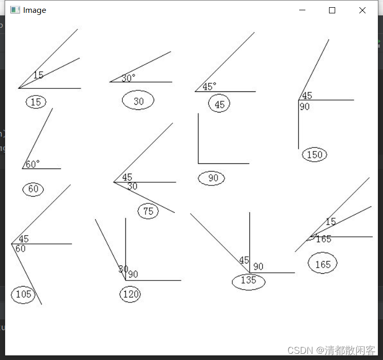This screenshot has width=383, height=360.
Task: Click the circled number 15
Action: pos(35,102)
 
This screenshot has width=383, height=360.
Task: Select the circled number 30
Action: pos(138,101)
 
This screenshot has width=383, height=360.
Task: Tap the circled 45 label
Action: pos(220,104)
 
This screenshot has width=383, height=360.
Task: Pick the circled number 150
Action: pos(315,155)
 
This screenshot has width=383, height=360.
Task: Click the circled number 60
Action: pos(33,189)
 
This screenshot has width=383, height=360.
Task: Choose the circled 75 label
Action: pos(148,211)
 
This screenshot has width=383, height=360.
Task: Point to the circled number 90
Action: pos(212,178)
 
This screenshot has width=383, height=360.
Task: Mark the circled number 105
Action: pos(23,294)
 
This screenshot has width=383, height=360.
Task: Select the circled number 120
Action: pos(130,294)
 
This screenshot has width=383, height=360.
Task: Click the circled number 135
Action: pos(248,280)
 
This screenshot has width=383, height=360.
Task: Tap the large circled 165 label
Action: pos(322,264)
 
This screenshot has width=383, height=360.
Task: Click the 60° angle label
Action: pos(32,164)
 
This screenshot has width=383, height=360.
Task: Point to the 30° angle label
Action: pos(129,78)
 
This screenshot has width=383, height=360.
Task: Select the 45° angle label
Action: pos(209,87)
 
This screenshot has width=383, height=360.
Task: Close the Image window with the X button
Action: pos(362,10)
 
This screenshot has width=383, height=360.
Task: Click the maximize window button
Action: pos(332,10)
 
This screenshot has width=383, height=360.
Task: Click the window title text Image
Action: pos(34,10)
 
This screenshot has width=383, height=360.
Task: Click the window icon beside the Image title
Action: pos(15,10)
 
